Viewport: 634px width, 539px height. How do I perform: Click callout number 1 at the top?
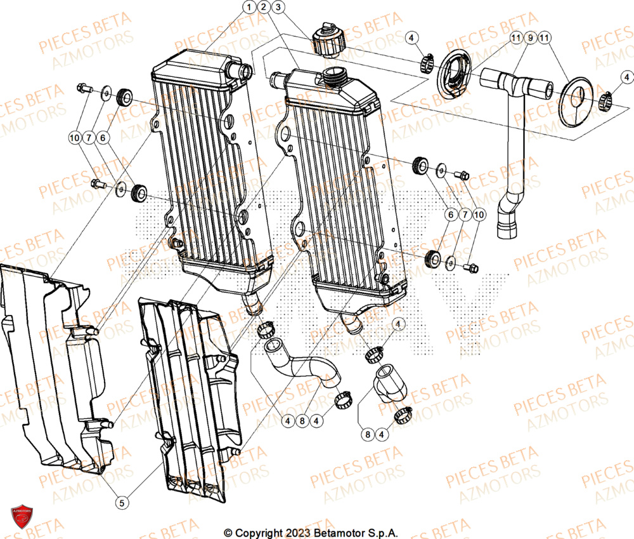pyautogui.click(x=249, y=7)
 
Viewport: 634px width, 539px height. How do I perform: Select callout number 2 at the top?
pyautogui.click(x=263, y=7)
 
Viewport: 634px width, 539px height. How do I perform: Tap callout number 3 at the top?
pyautogui.click(x=277, y=7)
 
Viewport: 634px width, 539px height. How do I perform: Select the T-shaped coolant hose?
pyautogui.click(x=514, y=127)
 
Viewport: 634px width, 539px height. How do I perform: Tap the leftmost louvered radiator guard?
pyautogui.click(x=51, y=368)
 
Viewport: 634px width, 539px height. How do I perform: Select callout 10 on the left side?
pyautogui.click(x=75, y=137)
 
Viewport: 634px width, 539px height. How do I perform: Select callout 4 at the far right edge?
pyautogui.click(x=621, y=77)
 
